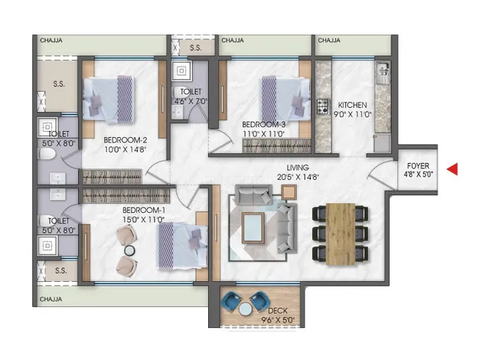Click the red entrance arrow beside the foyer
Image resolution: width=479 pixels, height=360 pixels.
tap(452, 169)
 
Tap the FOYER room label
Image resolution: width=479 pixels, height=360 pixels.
tap(418, 166)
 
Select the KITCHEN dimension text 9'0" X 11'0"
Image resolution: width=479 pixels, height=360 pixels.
tap(354, 114)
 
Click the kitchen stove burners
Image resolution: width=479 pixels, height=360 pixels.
tap(322, 106)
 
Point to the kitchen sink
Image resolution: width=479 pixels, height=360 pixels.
tap(383, 73)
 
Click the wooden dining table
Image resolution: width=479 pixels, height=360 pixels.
tap(341, 234)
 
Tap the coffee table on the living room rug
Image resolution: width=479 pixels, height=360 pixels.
tap(253, 227)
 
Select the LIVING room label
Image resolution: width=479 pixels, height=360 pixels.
tap(298, 168)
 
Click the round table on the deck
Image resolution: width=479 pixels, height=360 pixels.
tap(245, 309)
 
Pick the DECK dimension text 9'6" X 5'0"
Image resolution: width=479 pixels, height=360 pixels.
tap(278, 320)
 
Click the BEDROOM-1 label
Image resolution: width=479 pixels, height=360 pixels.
tap(144, 211)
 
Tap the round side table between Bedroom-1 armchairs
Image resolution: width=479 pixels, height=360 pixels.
tap(129, 250)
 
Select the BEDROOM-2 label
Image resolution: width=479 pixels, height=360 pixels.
tap(125, 140)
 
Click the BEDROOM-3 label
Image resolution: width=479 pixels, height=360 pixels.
tap(264, 125)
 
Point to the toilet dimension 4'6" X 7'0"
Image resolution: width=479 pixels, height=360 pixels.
tap(191, 101)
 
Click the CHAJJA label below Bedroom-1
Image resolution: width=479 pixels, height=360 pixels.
tap(51, 299)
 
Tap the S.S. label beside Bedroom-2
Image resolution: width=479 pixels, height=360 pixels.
tap(59, 83)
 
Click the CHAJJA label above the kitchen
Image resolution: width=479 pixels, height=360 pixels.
tap(329, 41)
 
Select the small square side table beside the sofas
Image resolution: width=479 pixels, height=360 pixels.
tap(288, 192)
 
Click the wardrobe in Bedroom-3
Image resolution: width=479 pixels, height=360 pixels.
tap(277, 146)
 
